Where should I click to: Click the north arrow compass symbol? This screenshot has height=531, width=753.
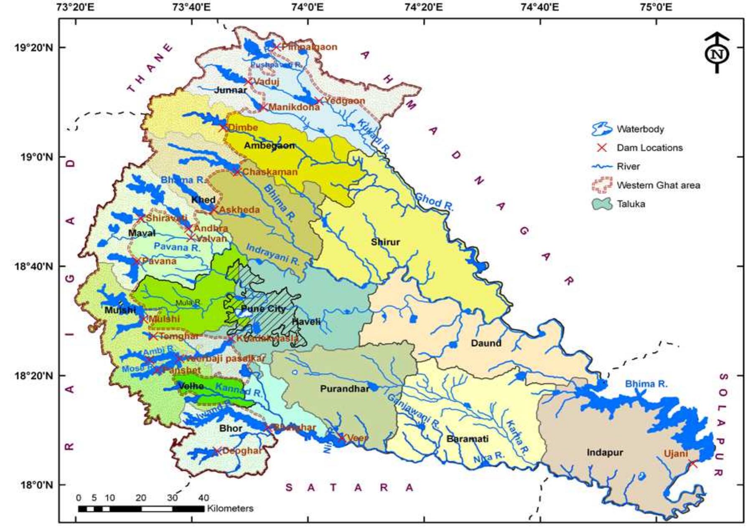tap(717, 53)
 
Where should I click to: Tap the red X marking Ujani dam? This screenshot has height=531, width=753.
tap(693, 464)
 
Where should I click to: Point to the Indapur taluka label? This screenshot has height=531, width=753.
tap(605, 452)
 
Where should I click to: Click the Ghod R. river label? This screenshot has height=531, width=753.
tap(434, 202)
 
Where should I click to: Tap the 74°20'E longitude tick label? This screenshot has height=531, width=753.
tap(424, 7)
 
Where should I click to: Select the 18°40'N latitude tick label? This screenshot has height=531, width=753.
tap(34, 266)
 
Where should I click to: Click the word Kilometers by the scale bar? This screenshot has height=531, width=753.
tap(230, 509)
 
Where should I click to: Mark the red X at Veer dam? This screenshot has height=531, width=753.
tap(342, 437)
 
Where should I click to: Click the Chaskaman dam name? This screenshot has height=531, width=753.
tap(270, 172)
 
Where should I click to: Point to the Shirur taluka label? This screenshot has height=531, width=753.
tap(385, 242)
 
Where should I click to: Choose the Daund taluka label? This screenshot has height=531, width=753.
tap(486, 343)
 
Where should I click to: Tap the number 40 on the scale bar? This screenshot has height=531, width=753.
tap(204, 498)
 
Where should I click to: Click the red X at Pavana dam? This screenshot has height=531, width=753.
tap(136, 262)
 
